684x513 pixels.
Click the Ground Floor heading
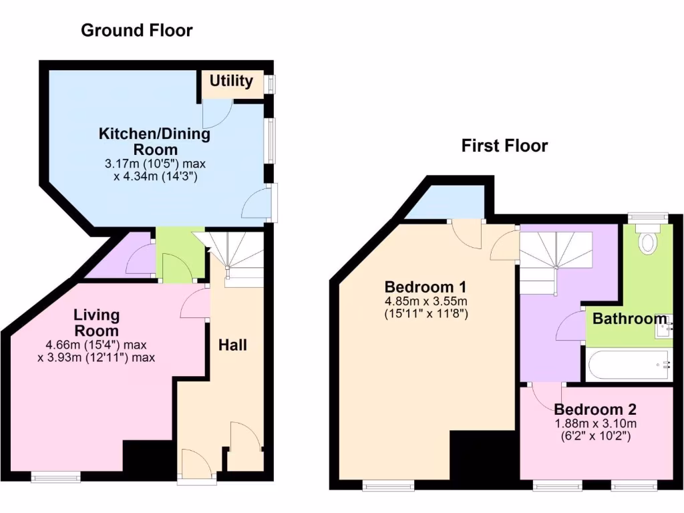[x=136, y=30]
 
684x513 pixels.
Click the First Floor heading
[x=504, y=146]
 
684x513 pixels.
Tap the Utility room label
[x=231, y=81]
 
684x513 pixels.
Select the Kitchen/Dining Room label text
[x=154, y=141]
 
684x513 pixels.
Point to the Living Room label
[x=96, y=322]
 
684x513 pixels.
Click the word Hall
[x=233, y=345]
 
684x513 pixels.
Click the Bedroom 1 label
[x=425, y=287]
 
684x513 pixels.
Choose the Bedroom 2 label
[x=594, y=409]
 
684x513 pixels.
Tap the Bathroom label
[x=630, y=319]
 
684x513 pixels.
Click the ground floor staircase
[x=238, y=257]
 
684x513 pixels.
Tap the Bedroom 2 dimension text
[x=594, y=430]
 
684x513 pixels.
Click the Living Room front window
[x=55, y=476]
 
